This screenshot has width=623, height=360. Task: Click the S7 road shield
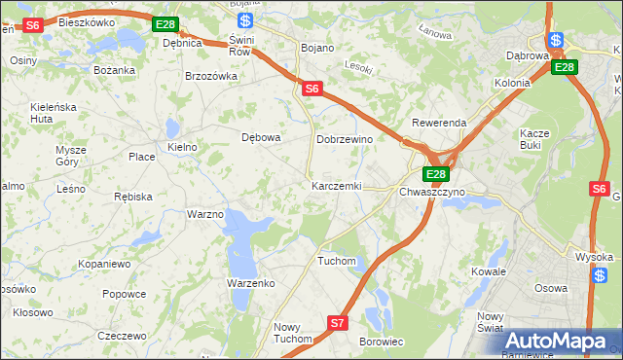tap(337, 322)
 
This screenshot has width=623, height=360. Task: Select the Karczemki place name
tap(336, 185)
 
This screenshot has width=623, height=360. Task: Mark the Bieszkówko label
tap(87, 21)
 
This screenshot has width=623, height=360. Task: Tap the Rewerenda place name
tap(439, 124)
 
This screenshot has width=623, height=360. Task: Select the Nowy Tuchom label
tap(292, 333)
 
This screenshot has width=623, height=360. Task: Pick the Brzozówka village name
tap(211, 76)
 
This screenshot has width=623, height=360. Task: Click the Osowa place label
tap(551, 288)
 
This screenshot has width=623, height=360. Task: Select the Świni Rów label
tap(240, 46)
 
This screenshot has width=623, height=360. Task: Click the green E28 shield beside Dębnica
tap(165, 24)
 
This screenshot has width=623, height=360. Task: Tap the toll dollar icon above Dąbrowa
tap(555, 40)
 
